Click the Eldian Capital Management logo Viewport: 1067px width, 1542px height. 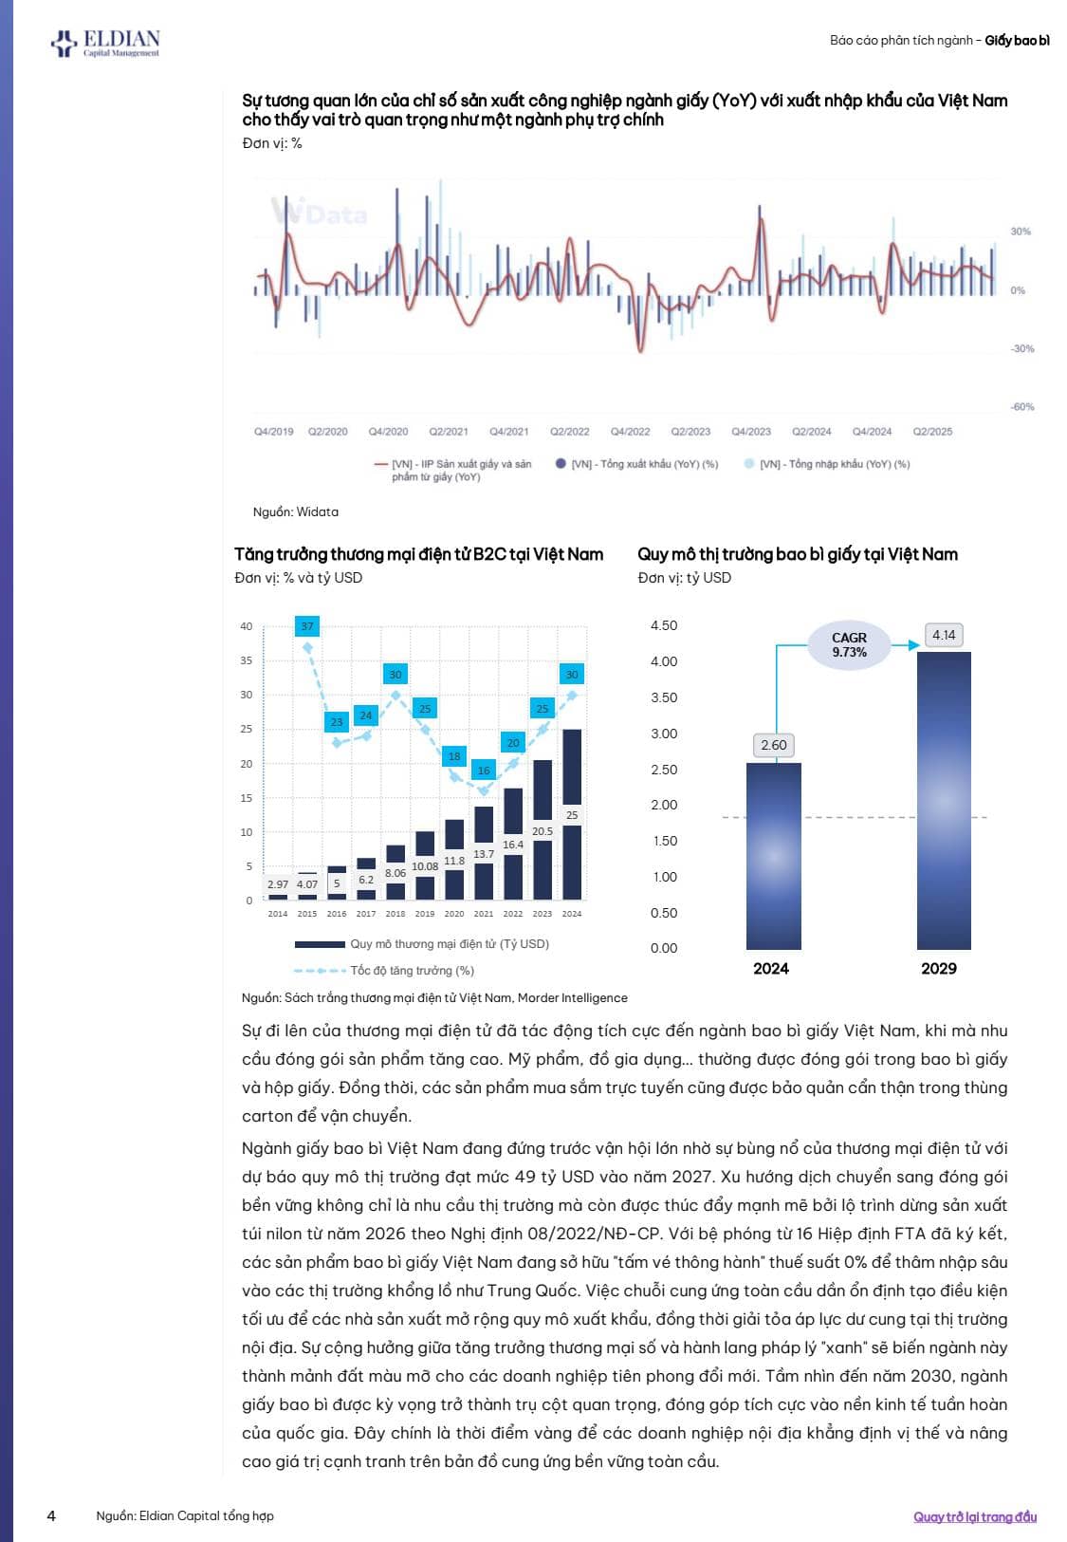click(x=105, y=43)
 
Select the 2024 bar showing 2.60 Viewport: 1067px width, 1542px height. click(x=773, y=854)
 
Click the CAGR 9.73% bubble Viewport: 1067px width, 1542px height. click(x=849, y=645)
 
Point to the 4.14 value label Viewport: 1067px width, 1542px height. click(x=944, y=635)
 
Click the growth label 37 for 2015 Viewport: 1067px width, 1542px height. click(x=307, y=626)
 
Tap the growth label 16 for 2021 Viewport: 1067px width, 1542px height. click(x=484, y=771)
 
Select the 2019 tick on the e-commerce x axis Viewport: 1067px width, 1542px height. click(x=425, y=914)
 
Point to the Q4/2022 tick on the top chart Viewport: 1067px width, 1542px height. click(x=630, y=431)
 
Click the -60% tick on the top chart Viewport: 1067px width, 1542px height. click(x=1022, y=407)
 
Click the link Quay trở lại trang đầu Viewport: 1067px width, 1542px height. click(x=975, y=1516)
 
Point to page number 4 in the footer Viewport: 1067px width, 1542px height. click(x=51, y=1515)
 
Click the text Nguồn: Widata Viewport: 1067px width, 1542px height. click(x=295, y=511)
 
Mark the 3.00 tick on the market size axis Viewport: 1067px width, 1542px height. click(x=664, y=734)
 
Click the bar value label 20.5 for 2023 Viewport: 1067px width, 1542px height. click(x=543, y=831)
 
